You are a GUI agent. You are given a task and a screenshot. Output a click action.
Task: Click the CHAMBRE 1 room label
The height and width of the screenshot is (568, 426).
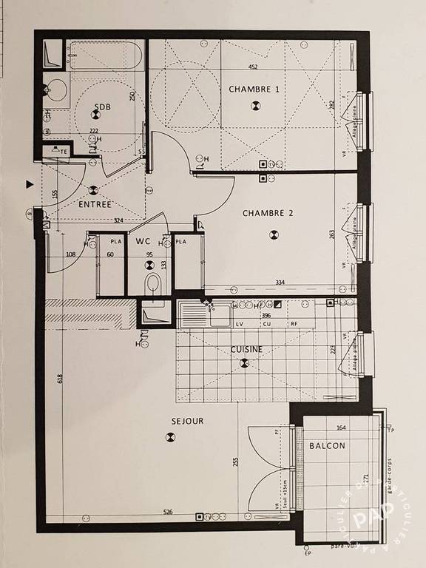coord(254,89)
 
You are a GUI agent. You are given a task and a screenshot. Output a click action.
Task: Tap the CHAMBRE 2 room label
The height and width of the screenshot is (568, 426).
coord(268,213)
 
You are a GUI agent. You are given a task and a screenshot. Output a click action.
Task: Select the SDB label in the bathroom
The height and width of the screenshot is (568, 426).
coord(102,106)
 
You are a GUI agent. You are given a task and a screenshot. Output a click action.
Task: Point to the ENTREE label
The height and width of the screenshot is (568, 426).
coord(95,204)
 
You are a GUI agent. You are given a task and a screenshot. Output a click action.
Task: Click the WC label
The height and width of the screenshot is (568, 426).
coord(143,240)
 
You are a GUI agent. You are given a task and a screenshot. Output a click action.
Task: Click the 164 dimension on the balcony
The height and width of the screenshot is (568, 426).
coord(341,427)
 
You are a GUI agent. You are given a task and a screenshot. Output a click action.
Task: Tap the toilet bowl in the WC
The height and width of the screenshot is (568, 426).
coord(152,283)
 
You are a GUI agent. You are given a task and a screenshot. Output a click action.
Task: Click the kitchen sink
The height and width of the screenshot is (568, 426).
coord(195,314)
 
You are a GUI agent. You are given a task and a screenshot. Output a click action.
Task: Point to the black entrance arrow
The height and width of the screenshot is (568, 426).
coord(29,183)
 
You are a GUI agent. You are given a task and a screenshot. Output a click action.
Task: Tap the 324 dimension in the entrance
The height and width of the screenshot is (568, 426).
coord(118,220)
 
